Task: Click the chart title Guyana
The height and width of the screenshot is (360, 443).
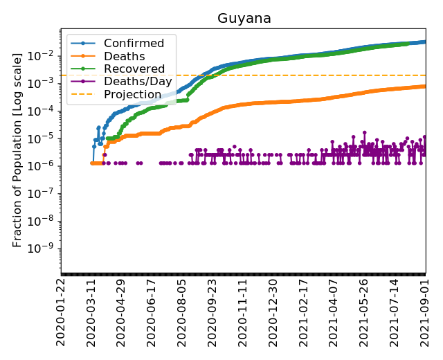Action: tap(244, 19)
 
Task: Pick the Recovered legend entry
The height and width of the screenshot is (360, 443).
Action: tap(134, 69)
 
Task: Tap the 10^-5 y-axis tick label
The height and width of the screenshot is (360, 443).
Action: tap(45, 138)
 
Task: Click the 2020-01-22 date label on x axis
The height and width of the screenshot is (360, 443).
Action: tap(62, 312)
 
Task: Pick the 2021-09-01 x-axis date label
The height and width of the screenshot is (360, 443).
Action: tap(424, 312)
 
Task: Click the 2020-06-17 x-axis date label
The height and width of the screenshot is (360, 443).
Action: tap(152, 312)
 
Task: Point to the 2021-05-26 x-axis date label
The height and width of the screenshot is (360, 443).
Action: tap(364, 312)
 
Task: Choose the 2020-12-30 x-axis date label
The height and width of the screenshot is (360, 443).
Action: tap(273, 312)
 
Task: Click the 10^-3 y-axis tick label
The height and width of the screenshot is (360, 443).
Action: tap(45, 83)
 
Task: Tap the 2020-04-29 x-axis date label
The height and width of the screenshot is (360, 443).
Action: tap(122, 312)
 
